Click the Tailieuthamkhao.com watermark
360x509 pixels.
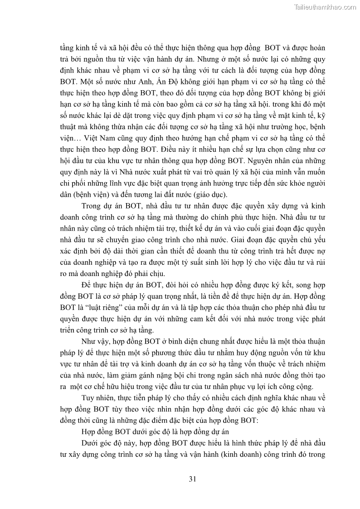[325, 7]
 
